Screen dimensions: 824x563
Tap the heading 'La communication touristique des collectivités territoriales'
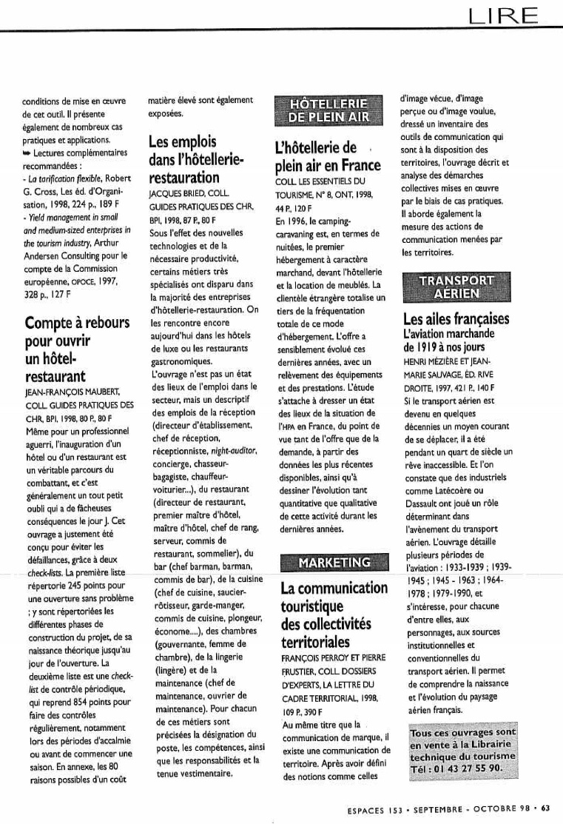pos(334,615)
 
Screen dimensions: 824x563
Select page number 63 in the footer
pos(545,808)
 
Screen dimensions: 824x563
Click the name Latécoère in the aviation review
pos(452,493)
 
